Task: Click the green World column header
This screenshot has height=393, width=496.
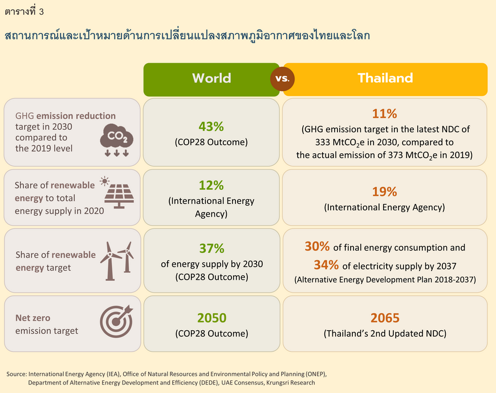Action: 212,79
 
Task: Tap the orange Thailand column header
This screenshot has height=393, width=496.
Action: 385,79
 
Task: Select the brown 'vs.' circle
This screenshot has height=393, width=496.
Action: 282,79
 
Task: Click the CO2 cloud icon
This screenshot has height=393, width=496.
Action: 116,140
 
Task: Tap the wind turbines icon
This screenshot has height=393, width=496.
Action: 117,261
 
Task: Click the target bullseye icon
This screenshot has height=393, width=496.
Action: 116,321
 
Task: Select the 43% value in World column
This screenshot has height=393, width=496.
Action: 212,126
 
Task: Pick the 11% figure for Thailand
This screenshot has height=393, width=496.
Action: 384,114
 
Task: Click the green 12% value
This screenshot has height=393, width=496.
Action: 212,186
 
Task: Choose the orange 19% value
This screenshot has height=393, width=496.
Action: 384,192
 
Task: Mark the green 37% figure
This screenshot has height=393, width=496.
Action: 212,249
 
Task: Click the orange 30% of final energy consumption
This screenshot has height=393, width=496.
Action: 318,247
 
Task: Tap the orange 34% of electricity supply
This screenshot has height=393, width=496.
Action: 326,265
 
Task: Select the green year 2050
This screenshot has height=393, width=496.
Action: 212,318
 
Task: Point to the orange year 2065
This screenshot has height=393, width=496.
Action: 385,318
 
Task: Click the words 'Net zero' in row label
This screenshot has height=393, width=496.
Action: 33,318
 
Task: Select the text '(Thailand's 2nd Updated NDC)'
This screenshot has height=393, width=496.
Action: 385,334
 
